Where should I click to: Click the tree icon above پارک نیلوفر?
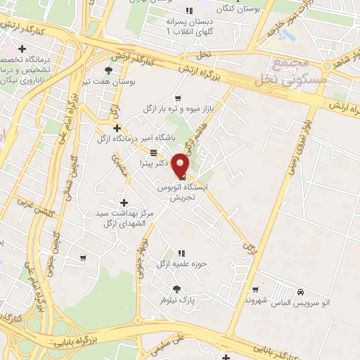click(176, 289)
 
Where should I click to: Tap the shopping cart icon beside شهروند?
click(256, 289)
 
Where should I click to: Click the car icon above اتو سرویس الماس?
click(301, 291)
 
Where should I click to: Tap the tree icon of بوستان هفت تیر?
click(108, 70)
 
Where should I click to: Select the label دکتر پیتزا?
click(153, 162)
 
